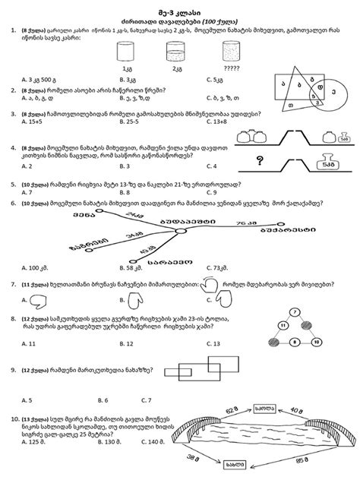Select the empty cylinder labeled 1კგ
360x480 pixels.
(126, 52)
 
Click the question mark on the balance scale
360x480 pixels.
(260, 160)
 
